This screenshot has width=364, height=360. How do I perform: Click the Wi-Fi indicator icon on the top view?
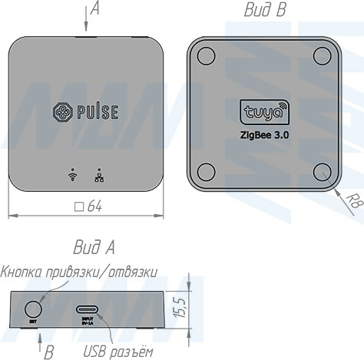72,174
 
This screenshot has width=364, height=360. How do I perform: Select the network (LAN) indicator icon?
98,174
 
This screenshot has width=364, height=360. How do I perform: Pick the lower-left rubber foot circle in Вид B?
205,170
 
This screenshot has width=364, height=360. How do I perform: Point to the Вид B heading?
265,10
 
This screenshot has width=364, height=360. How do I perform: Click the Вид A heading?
94,247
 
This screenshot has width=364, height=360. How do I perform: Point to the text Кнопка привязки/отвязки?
79,271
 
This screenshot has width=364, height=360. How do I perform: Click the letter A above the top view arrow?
94,8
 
